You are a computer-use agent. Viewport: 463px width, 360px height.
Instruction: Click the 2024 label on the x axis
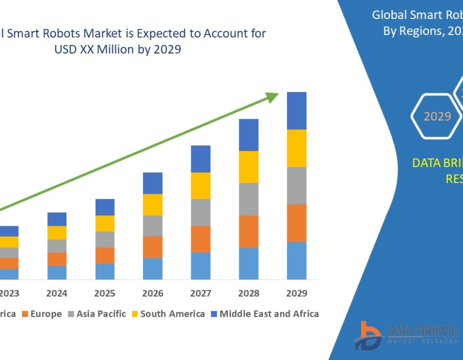tap(57, 294)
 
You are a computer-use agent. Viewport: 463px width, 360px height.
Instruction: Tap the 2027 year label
tap(201, 294)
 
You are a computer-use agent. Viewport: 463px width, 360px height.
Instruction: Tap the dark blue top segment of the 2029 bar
tap(296, 111)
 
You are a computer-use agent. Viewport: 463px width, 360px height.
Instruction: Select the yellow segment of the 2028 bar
tap(248, 167)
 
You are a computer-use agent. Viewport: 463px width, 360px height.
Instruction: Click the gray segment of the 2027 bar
tap(201, 212)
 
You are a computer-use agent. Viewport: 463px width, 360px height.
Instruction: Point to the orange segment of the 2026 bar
tap(153, 247)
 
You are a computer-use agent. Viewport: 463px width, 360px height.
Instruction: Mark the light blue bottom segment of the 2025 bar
tap(105, 271)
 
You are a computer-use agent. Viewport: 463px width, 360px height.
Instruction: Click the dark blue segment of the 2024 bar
tap(57, 219)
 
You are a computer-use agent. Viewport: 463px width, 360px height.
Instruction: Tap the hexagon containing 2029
tap(437, 116)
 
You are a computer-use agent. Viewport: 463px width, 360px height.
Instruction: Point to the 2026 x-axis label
tap(153, 294)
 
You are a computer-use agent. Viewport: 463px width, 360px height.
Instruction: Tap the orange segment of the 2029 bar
tap(296, 223)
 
